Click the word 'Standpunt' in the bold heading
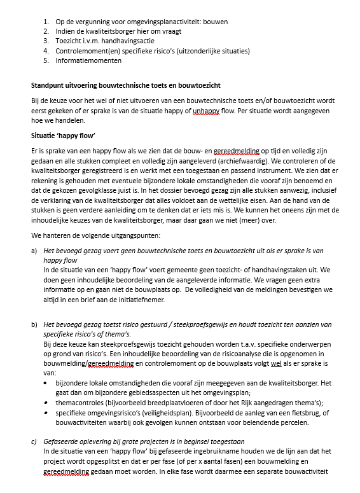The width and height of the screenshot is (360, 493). point(49,85)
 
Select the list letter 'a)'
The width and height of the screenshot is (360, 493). point(34,251)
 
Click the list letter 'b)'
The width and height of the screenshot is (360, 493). point(34,324)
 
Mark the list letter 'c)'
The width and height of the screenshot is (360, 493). point(34,441)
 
